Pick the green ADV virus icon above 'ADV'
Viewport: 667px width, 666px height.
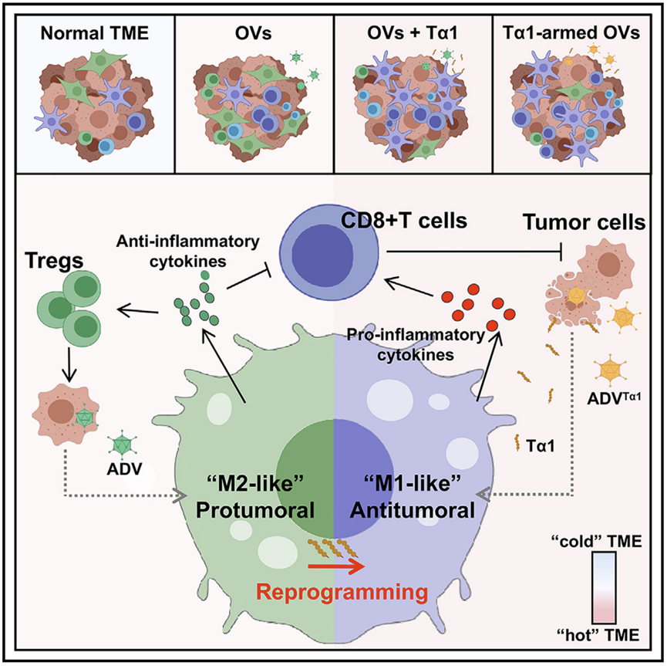[120, 448]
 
